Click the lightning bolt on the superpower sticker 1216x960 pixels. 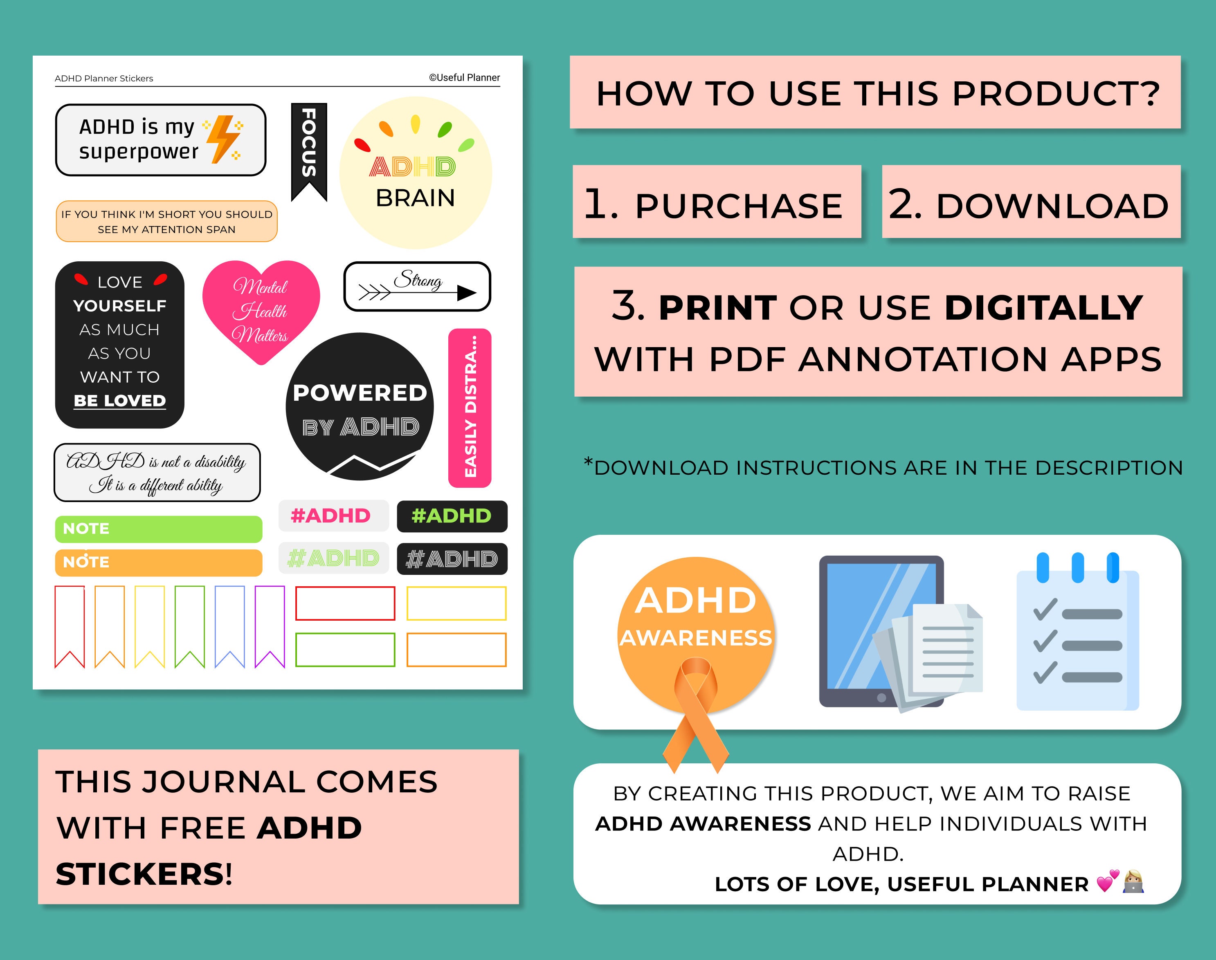tap(224, 139)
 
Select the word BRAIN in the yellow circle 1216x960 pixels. tap(415, 198)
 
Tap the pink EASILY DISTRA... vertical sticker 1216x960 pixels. tap(470, 408)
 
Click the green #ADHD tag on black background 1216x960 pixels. tap(452, 516)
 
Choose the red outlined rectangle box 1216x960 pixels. tap(345, 603)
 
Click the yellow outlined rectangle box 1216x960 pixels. tap(456, 603)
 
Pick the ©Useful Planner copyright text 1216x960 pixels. tap(464, 78)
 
